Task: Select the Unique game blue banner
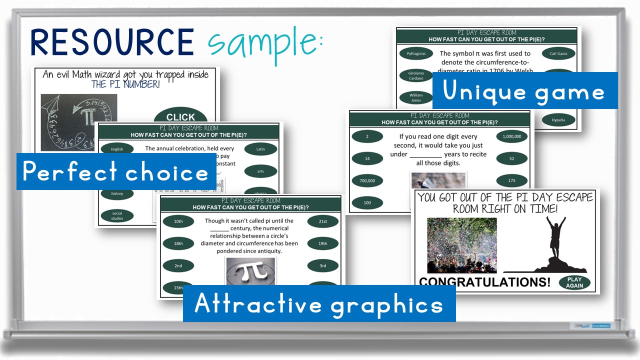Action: pos(524,91)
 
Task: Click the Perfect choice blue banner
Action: pos(116,172)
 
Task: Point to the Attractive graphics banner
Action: pos(319,303)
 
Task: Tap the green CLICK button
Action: pos(180,117)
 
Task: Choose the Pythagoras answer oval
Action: pos(415,53)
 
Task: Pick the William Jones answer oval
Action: pos(415,97)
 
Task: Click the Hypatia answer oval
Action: pos(558,120)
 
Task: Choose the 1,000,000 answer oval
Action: pos(511,136)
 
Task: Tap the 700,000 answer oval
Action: pos(367,180)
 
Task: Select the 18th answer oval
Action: pos(178,243)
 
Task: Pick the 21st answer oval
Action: pos(322,221)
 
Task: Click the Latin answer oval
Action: pos(260,149)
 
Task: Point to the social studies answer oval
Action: pos(117,215)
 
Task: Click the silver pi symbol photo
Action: pos(250,271)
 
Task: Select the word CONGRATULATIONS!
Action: pos(484,282)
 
